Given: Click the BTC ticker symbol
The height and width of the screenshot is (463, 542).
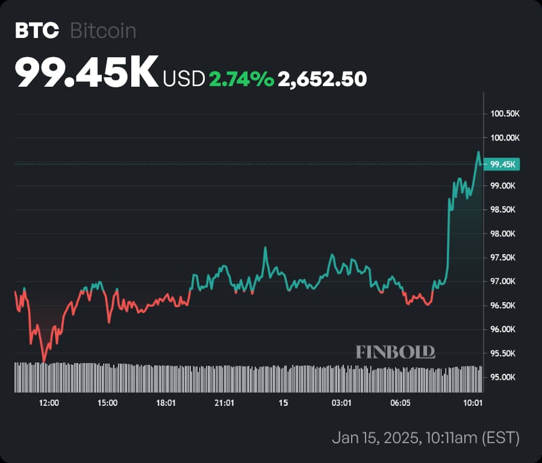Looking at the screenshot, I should [37, 31].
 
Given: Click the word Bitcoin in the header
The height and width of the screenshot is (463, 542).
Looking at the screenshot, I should [103, 31].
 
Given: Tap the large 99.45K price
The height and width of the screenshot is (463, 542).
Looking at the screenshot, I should [87, 72].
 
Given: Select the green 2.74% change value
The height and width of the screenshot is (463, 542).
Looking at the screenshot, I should [241, 79].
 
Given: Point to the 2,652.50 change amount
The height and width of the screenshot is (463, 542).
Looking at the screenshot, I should [322, 79].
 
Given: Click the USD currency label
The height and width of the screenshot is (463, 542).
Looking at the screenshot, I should [184, 79].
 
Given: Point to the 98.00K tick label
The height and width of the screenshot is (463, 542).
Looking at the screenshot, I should [504, 234].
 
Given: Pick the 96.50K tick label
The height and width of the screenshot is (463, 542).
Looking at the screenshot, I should [504, 305].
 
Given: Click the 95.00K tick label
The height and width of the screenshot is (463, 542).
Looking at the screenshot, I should [504, 378].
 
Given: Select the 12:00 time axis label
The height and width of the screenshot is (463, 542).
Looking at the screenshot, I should [49, 403].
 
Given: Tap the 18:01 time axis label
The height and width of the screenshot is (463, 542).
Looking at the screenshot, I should [166, 403].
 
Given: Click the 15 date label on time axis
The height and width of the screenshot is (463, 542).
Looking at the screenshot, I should [284, 403].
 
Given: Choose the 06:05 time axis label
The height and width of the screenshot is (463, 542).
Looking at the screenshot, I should [400, 403].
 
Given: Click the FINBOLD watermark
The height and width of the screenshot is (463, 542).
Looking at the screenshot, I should [395, 352].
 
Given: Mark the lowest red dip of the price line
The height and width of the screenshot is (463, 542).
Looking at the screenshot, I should [43, 362].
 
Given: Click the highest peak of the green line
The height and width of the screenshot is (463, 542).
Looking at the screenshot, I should [478, 152].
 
